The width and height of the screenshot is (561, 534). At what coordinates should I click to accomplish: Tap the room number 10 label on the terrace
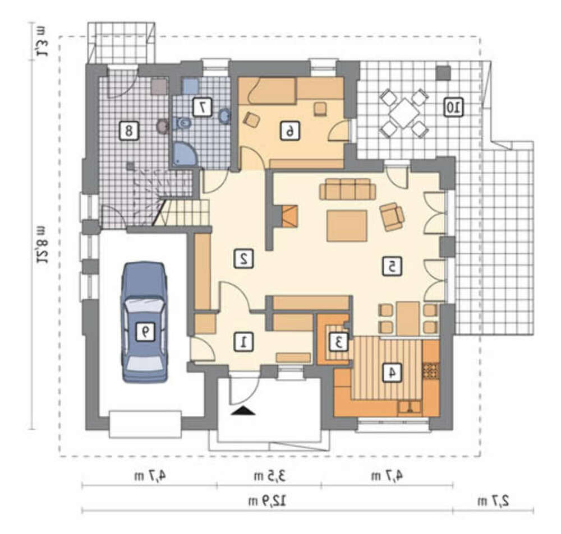coord(454,106)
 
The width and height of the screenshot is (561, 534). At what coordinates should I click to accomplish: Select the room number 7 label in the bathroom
coord(203,107)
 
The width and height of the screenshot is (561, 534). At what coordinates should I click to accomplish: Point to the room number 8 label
coord(128,131)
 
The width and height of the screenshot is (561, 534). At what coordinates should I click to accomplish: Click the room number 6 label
coord(290,131)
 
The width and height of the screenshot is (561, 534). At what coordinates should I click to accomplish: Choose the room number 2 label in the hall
coord(243,258)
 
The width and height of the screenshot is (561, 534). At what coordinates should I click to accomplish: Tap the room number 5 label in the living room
coord(392,266)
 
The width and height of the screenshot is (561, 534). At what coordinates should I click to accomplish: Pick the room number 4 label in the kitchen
coord(392,373)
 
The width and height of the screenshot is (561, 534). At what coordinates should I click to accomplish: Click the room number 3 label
coord(338,342)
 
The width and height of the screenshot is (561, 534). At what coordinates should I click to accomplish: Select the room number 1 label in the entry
coord(243,342)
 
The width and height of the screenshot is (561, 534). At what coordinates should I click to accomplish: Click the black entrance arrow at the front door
coord(243,411)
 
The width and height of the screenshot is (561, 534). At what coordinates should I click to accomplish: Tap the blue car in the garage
coord(145,322)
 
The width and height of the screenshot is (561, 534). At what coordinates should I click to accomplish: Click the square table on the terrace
coord(404,113)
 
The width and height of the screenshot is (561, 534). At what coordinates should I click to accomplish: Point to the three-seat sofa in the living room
coord(347,189)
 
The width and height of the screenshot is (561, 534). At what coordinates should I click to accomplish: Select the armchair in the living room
coord(393,216)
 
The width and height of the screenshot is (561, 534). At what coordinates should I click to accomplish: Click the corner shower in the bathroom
coord(184,155)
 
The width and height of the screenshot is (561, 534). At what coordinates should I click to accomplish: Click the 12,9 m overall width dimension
coord(267,501)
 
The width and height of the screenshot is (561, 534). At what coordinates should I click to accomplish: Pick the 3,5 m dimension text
coord(270,476)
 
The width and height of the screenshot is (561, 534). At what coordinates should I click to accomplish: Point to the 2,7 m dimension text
coord(493,501)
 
